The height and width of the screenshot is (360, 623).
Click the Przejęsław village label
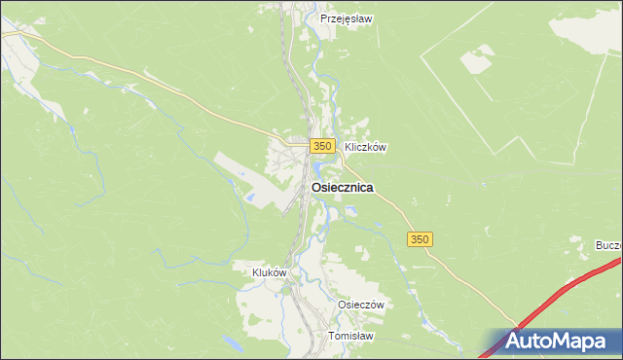click(347, 18)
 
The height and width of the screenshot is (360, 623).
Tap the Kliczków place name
click(365, 148)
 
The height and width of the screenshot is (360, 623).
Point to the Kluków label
click(269, 273)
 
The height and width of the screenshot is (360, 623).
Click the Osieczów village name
click(361, 305)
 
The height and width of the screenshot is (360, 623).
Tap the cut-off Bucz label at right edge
click(609, 245)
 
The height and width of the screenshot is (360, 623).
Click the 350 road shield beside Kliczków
click(323, 146)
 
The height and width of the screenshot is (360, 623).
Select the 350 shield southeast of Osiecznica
click(420, 239)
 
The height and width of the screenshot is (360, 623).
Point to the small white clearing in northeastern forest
click(476, 61)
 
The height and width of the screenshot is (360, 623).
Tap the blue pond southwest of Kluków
click(233, 342)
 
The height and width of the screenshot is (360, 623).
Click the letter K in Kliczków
click(348, 148)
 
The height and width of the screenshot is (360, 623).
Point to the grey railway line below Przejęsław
click(289, 58)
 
